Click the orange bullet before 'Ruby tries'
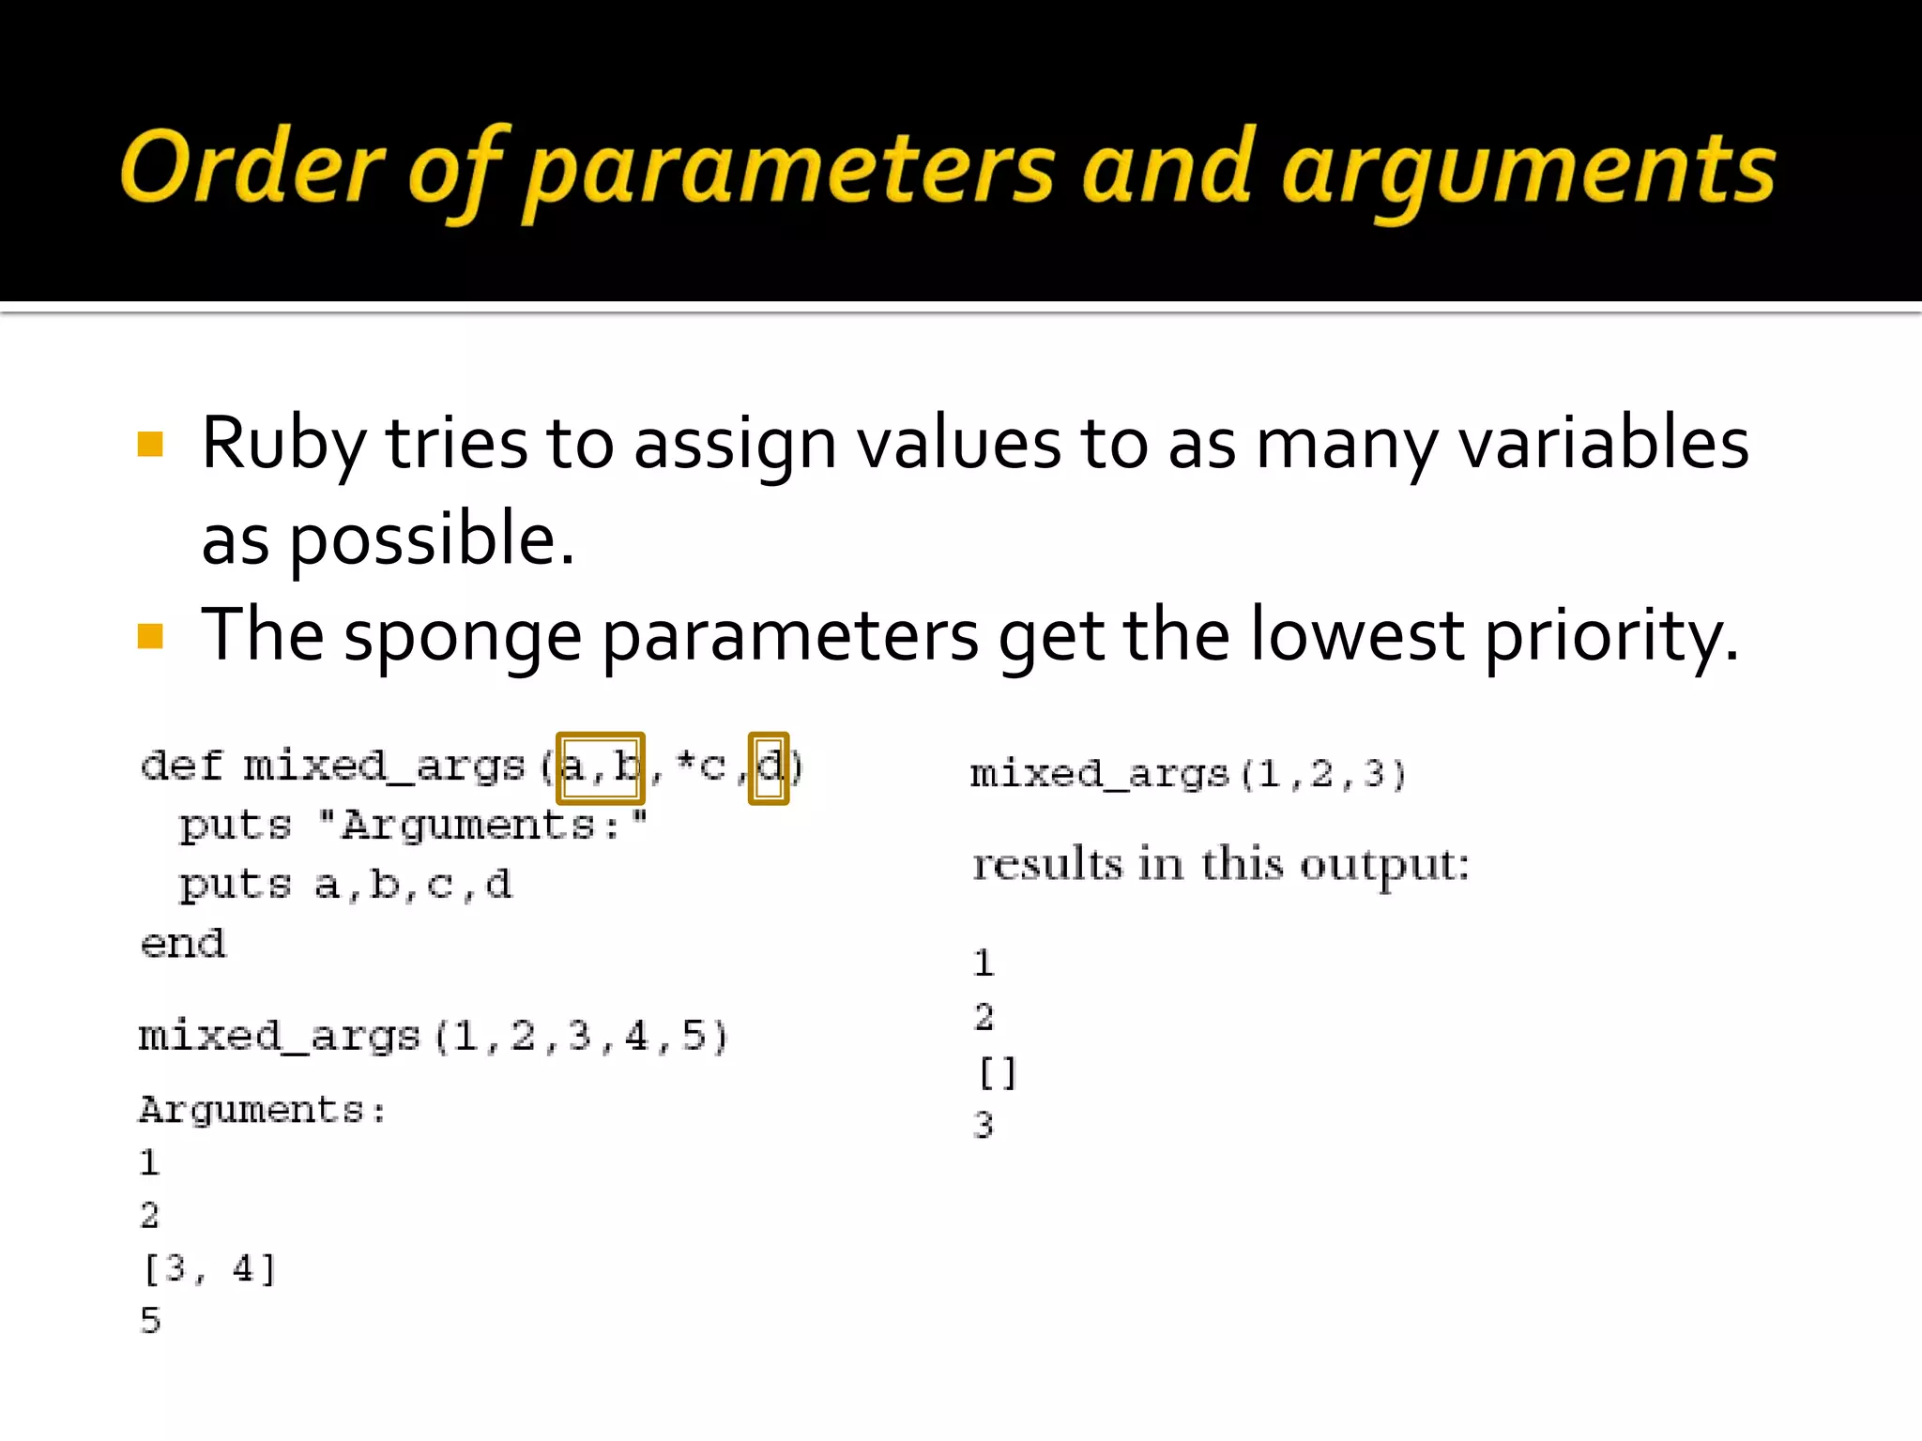150,444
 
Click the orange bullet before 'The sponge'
150,636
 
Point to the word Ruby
282,444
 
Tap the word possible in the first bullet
432,540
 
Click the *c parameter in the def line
700,767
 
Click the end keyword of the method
183,944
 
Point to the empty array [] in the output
997,1072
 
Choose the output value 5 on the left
150,1321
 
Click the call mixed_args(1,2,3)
1188,775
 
